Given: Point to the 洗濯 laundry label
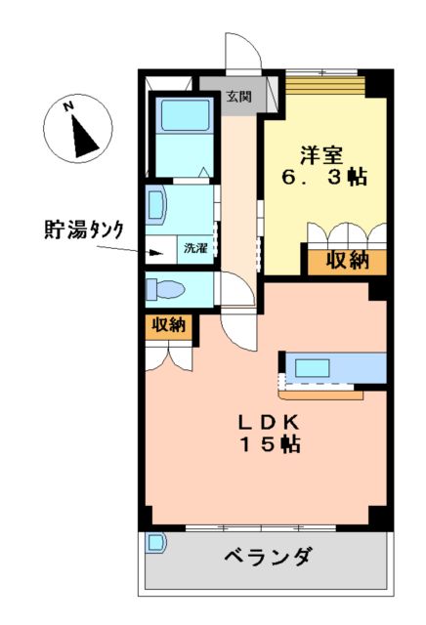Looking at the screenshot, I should click(x=195, y=248).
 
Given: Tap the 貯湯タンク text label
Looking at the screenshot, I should click(x=83, y=230).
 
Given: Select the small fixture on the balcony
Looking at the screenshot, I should click(x=154, y=542).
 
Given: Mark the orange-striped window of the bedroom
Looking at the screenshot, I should click(x=325, y=87).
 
